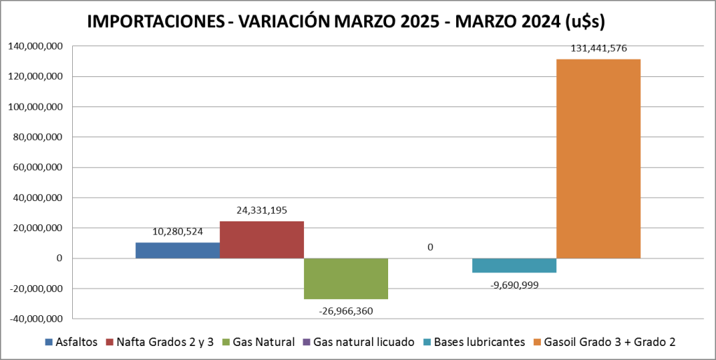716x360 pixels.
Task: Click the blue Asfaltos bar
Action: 177,250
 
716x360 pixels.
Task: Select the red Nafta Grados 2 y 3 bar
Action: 261,240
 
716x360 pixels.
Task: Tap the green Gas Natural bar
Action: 345,279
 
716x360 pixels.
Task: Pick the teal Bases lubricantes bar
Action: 514,265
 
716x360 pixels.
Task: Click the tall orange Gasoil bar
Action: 598,158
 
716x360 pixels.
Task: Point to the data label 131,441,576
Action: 598,48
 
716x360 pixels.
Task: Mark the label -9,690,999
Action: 515,284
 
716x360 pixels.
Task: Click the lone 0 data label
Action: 429,247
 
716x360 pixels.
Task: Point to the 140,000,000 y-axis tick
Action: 35,46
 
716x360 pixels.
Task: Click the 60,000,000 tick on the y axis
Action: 38,167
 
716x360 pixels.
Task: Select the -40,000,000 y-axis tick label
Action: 36,319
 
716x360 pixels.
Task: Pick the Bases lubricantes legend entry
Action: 479,342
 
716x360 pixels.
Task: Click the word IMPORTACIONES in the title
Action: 158,22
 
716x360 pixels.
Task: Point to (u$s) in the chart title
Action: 584,22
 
